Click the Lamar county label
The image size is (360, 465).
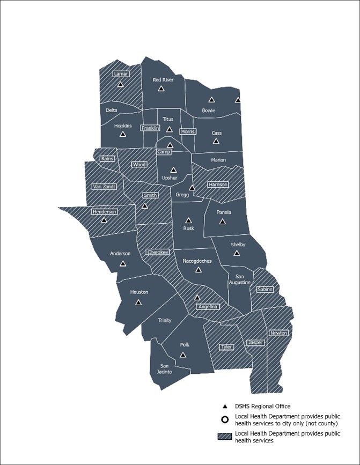[x=121, y=74]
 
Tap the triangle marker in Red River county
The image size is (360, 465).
[x=161, y=88]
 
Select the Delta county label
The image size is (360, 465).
[x=111, y=110]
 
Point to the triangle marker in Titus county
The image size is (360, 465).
[x=169, y=129]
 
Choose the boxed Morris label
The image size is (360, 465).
[x=188, y=131]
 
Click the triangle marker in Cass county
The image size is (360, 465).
[x=216, y=141]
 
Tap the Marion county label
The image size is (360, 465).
[x=218, y=160]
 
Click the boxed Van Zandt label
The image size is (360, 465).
[x=104, y=186]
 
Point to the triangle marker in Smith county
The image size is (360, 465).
[x=144, y=205]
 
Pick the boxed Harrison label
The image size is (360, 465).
[x=218, y=184]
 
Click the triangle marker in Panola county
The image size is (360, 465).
[x=223, y=221]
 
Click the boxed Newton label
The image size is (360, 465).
[x=278, y=333]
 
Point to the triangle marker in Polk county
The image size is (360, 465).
[x=183, y=355]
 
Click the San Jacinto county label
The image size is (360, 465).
[x=164, y=369]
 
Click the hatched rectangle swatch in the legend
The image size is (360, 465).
[x=226, y=437]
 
